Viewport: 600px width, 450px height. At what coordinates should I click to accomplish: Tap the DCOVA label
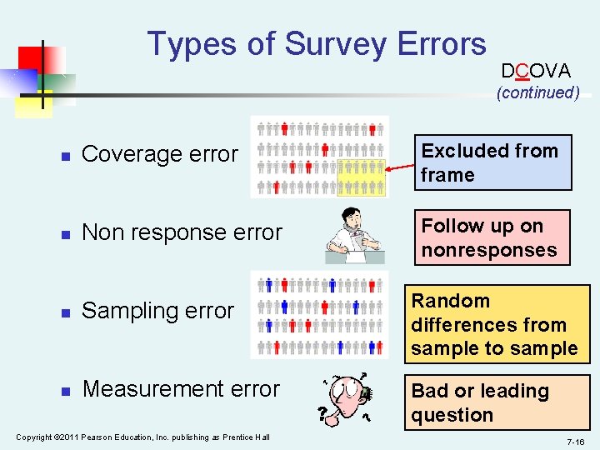536,71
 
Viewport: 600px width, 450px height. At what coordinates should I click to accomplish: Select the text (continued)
537,92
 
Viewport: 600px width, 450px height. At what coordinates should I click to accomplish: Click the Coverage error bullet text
160,154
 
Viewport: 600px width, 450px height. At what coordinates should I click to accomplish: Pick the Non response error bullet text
182,232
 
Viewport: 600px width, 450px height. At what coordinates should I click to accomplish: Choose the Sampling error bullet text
158,311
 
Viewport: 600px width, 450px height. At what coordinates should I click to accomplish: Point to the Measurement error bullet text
181,389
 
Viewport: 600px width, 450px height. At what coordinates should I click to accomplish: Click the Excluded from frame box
494,162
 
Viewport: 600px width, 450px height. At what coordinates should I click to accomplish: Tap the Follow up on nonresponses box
492,237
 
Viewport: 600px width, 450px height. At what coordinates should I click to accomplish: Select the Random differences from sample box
497,324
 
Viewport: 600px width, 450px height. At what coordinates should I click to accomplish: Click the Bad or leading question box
497,402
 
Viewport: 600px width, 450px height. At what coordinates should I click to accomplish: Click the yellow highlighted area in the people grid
362,177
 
